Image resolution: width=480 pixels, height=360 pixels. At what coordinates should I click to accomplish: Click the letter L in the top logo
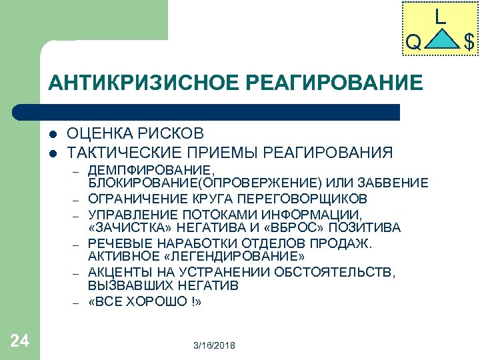pos(440,17)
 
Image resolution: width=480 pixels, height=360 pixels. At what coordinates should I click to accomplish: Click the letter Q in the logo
pos(413,43)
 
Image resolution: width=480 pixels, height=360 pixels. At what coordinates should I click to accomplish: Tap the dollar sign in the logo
pos(469,43)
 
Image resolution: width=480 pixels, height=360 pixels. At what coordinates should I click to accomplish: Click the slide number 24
pos(20,341)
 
